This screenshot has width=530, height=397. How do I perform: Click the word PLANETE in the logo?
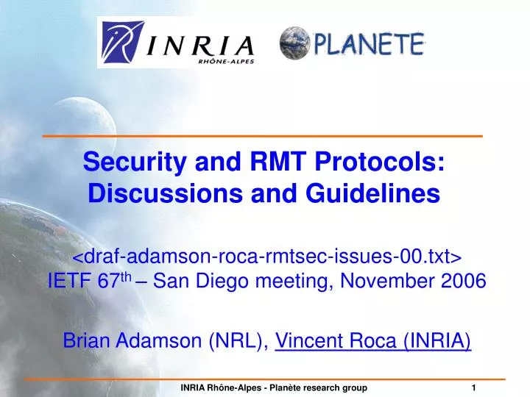(x=369, y=44)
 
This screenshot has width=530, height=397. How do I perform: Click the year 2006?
(x=463, y=282)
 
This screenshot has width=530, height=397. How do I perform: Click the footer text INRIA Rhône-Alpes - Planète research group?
(x=274, y=387)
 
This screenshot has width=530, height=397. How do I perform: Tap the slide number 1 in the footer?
(x=474, y=387)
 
